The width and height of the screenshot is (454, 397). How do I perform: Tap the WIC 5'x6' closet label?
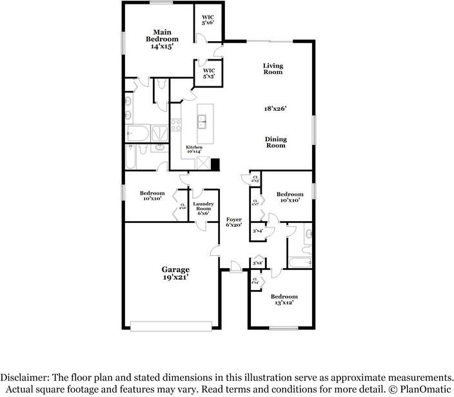pos(208,19)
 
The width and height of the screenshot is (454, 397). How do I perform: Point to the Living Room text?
pos(273,69)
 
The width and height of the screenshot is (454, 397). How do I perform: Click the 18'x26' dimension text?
pos(275,109)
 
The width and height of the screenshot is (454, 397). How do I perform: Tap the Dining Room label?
pos(276,142)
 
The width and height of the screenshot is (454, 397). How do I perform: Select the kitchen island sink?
pos(202,119)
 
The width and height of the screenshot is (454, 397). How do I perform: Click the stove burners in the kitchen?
pos(176,125)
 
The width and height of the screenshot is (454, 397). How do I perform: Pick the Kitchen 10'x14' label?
pos(194,150)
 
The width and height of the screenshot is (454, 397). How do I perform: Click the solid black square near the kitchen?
pos(215,164)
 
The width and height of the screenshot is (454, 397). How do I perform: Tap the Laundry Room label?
pos(203,208)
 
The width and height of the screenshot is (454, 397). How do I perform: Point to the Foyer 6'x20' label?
pos(233,222)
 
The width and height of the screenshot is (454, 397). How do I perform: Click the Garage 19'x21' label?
pos(175,273)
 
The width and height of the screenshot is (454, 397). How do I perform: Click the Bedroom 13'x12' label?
pos(282,300)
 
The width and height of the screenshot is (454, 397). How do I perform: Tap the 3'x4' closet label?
pos(259,230)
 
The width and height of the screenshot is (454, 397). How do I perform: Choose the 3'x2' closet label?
pos(257,263)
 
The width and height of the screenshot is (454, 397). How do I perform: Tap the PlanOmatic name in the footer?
pos(421,389)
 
